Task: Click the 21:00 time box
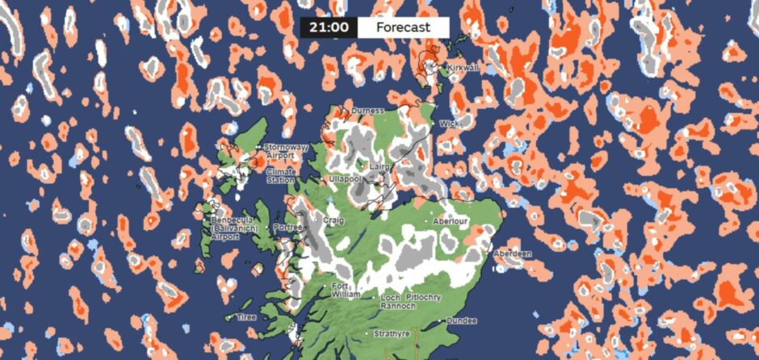328,27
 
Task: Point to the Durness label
367,111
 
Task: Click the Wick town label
449,124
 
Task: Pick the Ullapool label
346,178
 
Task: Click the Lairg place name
379,167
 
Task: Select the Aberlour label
451,220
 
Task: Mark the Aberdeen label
512,254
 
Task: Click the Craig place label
333,220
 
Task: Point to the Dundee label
460,321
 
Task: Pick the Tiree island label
246,317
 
